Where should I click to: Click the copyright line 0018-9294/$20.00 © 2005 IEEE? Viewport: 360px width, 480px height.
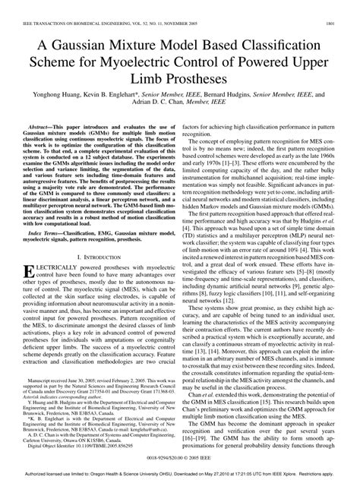click(180, 460)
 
